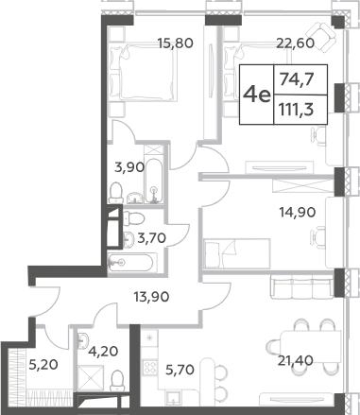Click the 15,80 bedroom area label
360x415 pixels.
(x=175, y=43)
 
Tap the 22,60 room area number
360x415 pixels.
(x=295, y=43)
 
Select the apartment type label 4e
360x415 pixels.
(x=257, y=95)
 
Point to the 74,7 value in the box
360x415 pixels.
(x=298, y=79)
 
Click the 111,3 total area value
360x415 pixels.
(x=297, y=111)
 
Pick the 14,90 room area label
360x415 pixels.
(x=298, y=213)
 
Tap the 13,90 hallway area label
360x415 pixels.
(x=151, y=297)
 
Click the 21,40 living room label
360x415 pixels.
(x=295, y=360)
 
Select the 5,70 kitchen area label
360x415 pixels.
(x=180, y=370)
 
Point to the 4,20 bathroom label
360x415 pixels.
(x=103, y=351)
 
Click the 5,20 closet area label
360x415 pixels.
(x=43, y=365)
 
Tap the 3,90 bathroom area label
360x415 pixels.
(x=129, y=167)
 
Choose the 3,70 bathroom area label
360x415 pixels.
(x=151, y=238)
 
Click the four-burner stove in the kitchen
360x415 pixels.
(x=149, y=367)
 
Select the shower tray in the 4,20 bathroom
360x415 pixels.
(x=91, y=378)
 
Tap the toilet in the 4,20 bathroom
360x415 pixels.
(x=117, y=381)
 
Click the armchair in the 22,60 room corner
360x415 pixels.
(x=321, y=36)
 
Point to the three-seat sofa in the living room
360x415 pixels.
(x=301, y=286)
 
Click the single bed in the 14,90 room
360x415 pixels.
(x=237, y=253)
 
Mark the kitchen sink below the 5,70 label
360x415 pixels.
(x=174, y=398)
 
